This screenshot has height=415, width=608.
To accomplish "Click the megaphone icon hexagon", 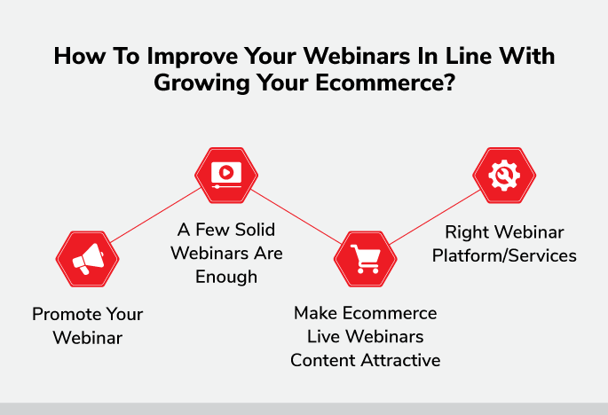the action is pos(88,259).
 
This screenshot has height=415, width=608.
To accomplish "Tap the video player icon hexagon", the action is pos(226,176).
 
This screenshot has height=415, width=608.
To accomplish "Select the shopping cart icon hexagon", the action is pos(366,259).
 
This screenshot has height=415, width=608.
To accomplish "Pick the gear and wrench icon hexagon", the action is pos(504,176).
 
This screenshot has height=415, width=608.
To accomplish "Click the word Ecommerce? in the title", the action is pos(385,82).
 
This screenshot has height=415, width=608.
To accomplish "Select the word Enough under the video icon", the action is pos(226,278).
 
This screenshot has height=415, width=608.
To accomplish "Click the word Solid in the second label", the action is pos(255,230).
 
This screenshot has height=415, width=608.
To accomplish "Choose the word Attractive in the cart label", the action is pos(401,360).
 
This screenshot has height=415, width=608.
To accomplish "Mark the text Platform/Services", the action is pos(504,255).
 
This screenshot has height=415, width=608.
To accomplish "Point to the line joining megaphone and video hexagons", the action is pos(156,215).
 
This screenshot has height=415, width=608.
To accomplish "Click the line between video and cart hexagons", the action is pos(296,216).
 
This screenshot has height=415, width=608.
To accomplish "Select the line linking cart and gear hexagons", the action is pos(435,217).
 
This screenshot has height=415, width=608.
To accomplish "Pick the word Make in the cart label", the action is pos(315,313).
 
